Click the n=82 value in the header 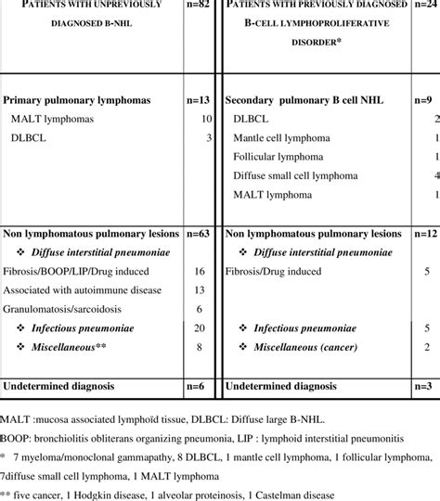tap(197, 8)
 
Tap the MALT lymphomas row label tap(52, 118)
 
